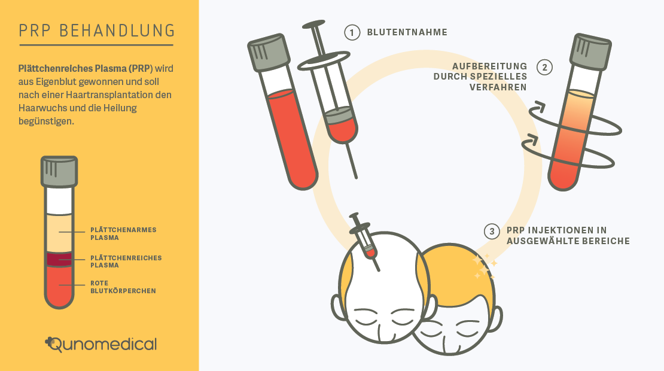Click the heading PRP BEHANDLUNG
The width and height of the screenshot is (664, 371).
coord(97,31)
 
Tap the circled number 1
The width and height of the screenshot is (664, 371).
coord(352,32)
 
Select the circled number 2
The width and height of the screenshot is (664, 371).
coord(544,68)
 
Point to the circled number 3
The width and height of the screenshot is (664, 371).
coord(492,231)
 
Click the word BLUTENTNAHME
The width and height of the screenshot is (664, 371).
coord(407,32)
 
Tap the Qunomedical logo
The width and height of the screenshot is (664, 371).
coord(100,344)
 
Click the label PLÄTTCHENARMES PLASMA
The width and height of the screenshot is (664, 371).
coord(123,234)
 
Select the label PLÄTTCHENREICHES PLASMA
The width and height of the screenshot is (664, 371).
coord(126,261)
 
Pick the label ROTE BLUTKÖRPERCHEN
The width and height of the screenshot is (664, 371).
coord(123,287)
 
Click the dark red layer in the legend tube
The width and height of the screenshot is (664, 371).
coord(59,259)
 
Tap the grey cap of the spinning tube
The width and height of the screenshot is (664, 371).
coord(591,51)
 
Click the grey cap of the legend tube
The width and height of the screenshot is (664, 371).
coord(59,172)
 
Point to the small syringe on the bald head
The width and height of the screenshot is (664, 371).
coord(365,242)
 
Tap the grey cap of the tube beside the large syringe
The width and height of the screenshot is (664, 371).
coord(269,52)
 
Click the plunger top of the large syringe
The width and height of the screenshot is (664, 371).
coord(314,24)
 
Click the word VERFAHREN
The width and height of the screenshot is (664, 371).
coord(498,87)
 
